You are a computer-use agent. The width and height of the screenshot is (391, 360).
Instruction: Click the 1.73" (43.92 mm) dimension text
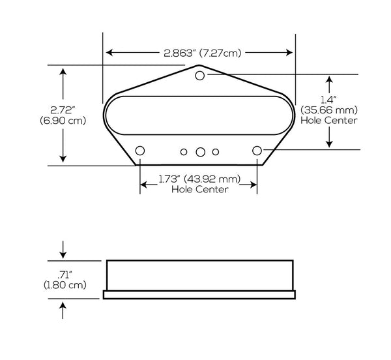pos(199,179)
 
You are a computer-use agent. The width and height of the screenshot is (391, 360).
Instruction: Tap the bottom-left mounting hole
pos(140,151)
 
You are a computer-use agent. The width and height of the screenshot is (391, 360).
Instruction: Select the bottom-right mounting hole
pos(257,151)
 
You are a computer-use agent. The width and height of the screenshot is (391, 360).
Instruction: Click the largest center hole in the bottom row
pos(200,152)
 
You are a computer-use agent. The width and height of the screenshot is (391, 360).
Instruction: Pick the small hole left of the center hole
pos(184,152)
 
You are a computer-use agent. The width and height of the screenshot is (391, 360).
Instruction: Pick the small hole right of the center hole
pos(216,152)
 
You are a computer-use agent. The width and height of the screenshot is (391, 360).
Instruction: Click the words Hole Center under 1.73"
pos(199,189)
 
